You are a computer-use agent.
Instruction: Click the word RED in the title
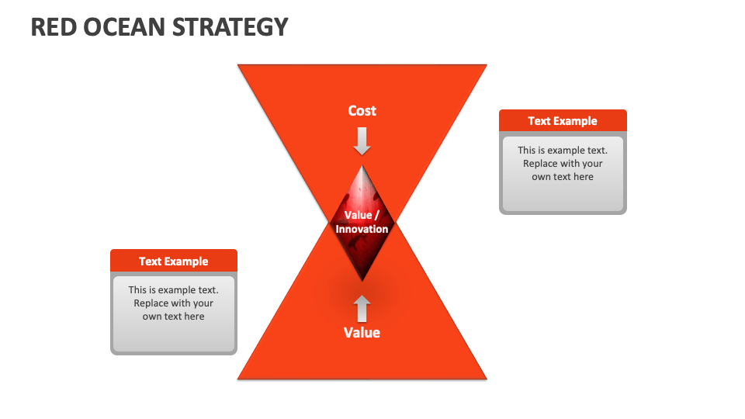click(54, 26)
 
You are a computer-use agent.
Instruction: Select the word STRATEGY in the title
click(230, 26)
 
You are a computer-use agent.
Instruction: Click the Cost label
click(362, 111)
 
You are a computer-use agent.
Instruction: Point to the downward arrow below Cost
click(362, 140)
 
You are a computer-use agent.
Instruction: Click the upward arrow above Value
click(362, 308)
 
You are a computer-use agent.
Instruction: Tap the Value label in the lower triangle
click(362, 333)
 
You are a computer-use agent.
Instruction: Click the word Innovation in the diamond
click(362, 229)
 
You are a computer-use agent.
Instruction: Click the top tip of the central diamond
click(362, 165)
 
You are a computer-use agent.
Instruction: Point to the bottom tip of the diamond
click(362, 280)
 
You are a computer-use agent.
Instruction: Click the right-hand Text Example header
click(563, 121)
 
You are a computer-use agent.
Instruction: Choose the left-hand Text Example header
click(174, 261)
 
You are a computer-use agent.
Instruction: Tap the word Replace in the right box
click(542, 164)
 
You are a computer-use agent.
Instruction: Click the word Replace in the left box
click(153, 303)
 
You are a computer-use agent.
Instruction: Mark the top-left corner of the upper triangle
click(239, 65)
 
